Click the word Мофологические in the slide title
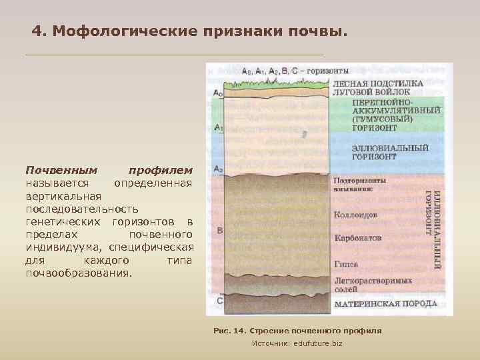tap(124, 31)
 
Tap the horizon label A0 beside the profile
tap(218, 93)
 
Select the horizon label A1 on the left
tap(218, 126)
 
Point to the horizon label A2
tap(218, 169)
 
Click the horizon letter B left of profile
tap(219, 231)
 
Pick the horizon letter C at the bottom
tap(220, 301)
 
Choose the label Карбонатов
tap(358, 237)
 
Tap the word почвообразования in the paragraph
tap(79, 273)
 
